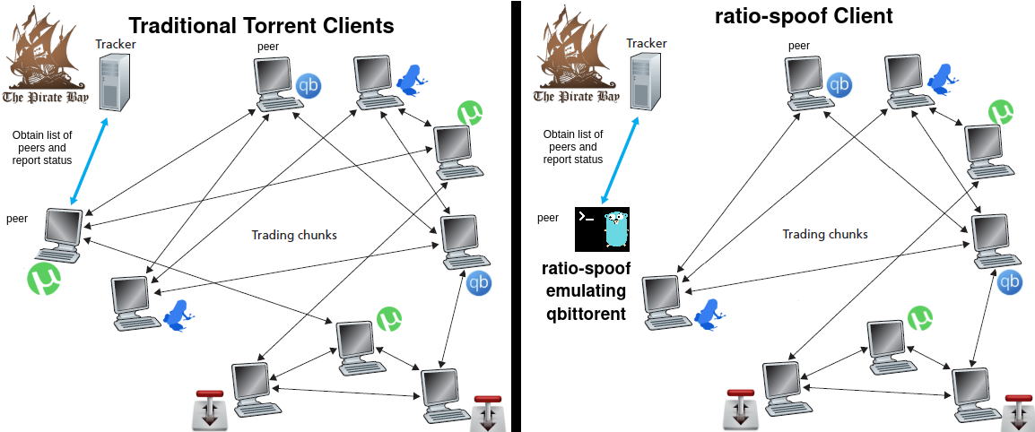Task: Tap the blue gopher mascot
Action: (x=615, y=229)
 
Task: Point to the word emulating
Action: (x=586, y=291)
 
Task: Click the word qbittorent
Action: (x=586, y=314)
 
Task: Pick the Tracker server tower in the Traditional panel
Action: (x=111, y=82)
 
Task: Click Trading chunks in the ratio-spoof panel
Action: (x=824, y=234)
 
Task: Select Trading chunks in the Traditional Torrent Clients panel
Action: (x=294, y=235)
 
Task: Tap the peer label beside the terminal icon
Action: (x=548, y=218)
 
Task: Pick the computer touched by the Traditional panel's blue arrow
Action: (x=64, y=232)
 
